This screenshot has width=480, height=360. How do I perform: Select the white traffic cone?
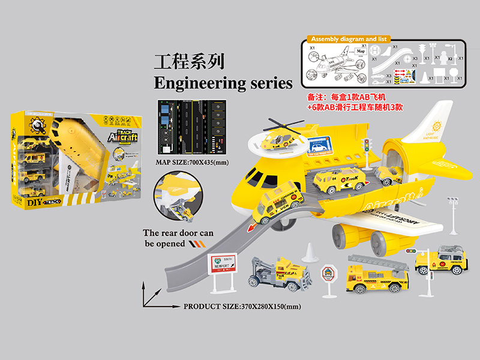(x=308, y=253)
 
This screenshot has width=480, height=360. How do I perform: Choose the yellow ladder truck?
(x=377, y=272)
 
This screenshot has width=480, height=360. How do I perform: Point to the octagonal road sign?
(x=329, y=276)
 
